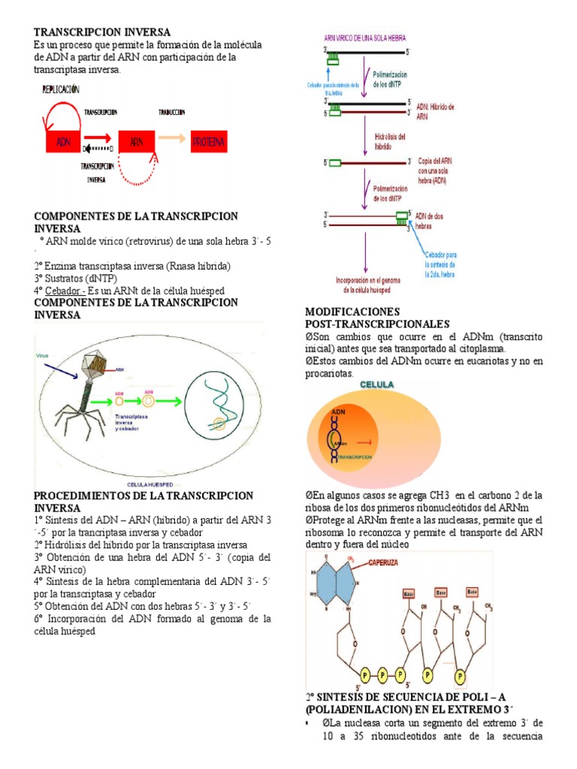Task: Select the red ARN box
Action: (135, 142)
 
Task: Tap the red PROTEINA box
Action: (210, 142)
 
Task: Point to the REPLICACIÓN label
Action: (61, 89)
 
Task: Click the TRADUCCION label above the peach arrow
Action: (172, 112)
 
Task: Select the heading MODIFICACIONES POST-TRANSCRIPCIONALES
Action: (366, 317)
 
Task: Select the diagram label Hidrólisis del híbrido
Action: (390, 141)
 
